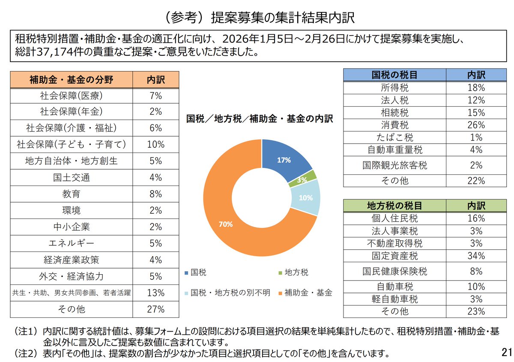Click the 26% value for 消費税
tap(476, 125)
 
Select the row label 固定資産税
tap(394, 256)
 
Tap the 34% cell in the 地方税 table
tap(476, 256)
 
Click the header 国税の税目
tap(394, 75)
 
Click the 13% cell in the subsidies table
tap(155, 293)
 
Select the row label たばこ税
tap(394, 138)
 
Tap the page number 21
tap(506, 352)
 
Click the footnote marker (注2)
tap(26, 354)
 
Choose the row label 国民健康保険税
tap(394, 271)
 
